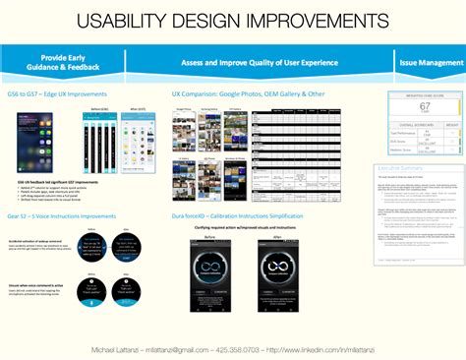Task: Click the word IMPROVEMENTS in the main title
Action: click(311, 22)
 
